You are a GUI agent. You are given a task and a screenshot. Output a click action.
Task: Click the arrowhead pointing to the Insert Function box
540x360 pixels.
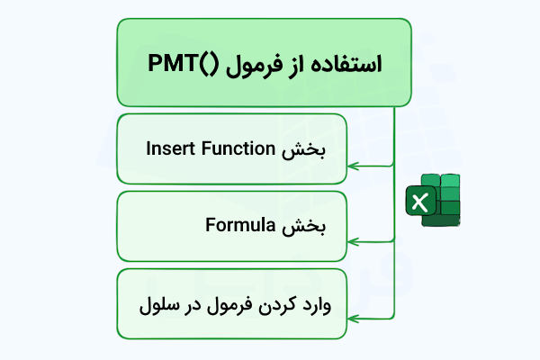pos(354,166)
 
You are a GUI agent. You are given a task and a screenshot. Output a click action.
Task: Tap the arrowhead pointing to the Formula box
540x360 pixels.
pos(354,242)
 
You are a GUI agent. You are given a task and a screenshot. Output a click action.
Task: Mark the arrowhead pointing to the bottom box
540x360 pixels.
pos(354,319)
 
